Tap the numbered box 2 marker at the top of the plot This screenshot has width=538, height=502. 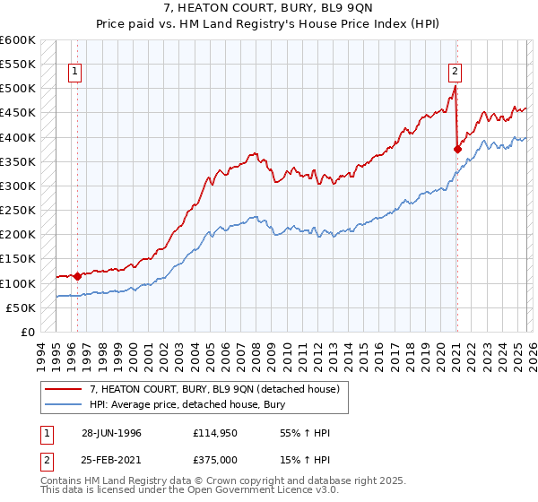pos(456,72)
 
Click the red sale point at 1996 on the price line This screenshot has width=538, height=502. pos(77,276)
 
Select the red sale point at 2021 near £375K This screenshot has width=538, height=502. pos(457,150)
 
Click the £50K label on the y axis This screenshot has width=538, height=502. pos(21,307)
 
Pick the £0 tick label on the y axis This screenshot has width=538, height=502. pos(27,332)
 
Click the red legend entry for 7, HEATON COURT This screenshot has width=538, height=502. pos(213,390)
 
